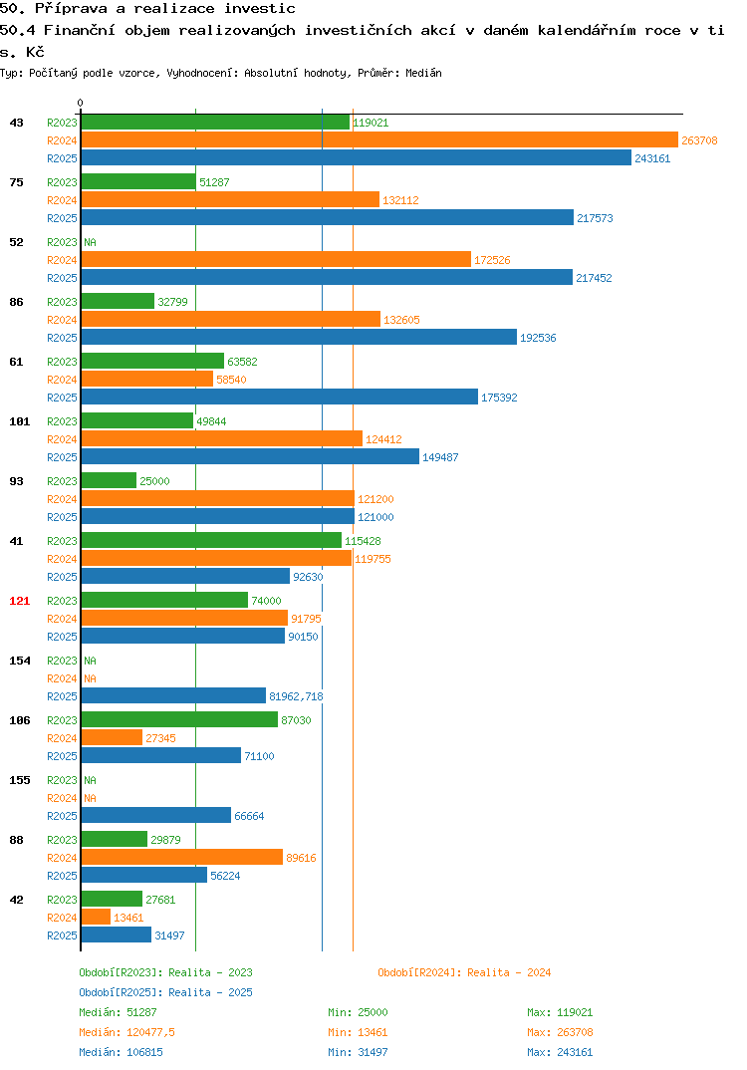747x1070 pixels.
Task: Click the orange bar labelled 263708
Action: (x=380, y=139)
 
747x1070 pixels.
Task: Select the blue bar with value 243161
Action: (x=357, y=157)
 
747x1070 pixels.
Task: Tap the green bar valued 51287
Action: (x=138, y=181)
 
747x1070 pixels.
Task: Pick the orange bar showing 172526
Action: (x=276, y=259)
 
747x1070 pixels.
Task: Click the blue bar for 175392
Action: (x=280, y=397)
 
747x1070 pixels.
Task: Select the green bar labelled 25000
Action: (x=110, y=480)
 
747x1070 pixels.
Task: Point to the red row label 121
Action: (x=20, y=601)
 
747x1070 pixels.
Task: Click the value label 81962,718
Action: (x=296, y=696)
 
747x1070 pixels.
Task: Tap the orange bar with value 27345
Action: (x=112, y=737)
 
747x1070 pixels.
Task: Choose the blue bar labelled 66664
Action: (x=156, y=816)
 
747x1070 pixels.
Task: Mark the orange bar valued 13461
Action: (x=97, y=918)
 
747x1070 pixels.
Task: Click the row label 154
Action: (x=20, y=661)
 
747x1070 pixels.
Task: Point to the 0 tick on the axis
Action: (x=81, y=103)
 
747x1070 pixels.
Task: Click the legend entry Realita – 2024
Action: (x=464, y=972)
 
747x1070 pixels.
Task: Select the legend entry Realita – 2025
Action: (x=165, y=992)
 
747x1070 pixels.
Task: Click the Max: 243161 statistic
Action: (x=560, y=1052)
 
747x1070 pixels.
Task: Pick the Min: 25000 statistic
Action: (x=358, y=1012)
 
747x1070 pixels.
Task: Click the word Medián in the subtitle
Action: (x=423, y=73)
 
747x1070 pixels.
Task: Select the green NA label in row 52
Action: (x=90, y=242)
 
